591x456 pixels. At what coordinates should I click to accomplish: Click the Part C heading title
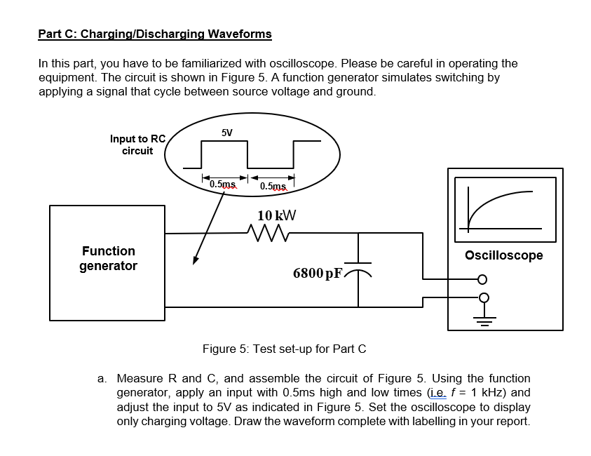(x=155, y=34)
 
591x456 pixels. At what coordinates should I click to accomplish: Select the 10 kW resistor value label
(x=277, y=215)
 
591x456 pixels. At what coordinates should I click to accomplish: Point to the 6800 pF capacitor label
(x=318, y=273)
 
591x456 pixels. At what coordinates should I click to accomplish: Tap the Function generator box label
(x=108, y=258)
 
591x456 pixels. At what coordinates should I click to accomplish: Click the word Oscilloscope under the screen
(x=504, y=255)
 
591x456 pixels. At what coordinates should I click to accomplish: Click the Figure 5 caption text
(x=284, y=349)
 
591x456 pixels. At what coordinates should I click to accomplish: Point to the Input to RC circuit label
(x=137, y=145)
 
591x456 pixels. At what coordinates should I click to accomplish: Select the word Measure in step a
(x=139, y=379)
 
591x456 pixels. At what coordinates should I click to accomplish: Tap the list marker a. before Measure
(x=102, y=379)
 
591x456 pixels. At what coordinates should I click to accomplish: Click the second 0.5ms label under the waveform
(x=273, y=186)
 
